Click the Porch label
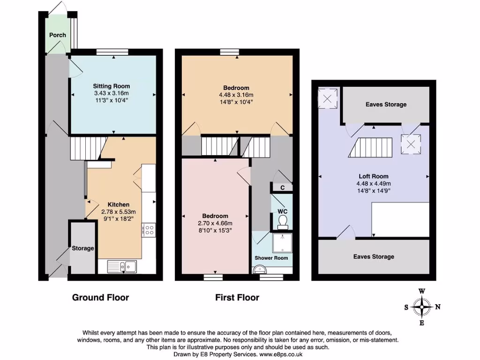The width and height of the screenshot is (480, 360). [58, 35]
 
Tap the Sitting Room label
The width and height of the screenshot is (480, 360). [111, 86]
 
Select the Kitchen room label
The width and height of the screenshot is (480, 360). [119, 205]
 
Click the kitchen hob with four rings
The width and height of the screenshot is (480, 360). [149, 230]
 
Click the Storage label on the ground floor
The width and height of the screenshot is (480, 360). [82, 248]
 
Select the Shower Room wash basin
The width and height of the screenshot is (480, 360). [258, 270]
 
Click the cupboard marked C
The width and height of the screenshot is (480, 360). [282, 188]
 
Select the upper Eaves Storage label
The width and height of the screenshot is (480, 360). [386, 105]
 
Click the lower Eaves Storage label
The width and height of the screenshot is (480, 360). [374, 257]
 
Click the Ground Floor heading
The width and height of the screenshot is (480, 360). [100, 297]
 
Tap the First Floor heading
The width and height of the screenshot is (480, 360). [237, 297]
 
